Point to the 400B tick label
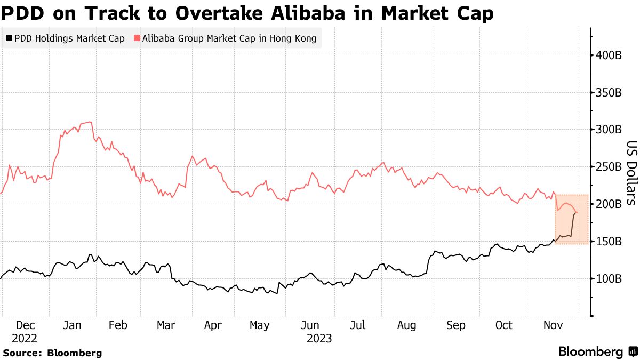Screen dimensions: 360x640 point(609,55)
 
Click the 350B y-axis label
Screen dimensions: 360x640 point(609,92)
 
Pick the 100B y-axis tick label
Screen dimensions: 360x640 point(609,278)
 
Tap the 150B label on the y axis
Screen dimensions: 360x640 point(609,241)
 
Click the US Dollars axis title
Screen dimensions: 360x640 point(631,173)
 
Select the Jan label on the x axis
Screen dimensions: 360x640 point(71,325)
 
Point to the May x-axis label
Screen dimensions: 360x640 point(260,325)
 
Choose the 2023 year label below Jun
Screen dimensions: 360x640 point(319,338)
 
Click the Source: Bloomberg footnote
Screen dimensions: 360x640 point(52,353)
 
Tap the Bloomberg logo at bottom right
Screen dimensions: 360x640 point(597,352)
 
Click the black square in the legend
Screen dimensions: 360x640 point(9,38)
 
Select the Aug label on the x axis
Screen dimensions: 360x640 point(407,325)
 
